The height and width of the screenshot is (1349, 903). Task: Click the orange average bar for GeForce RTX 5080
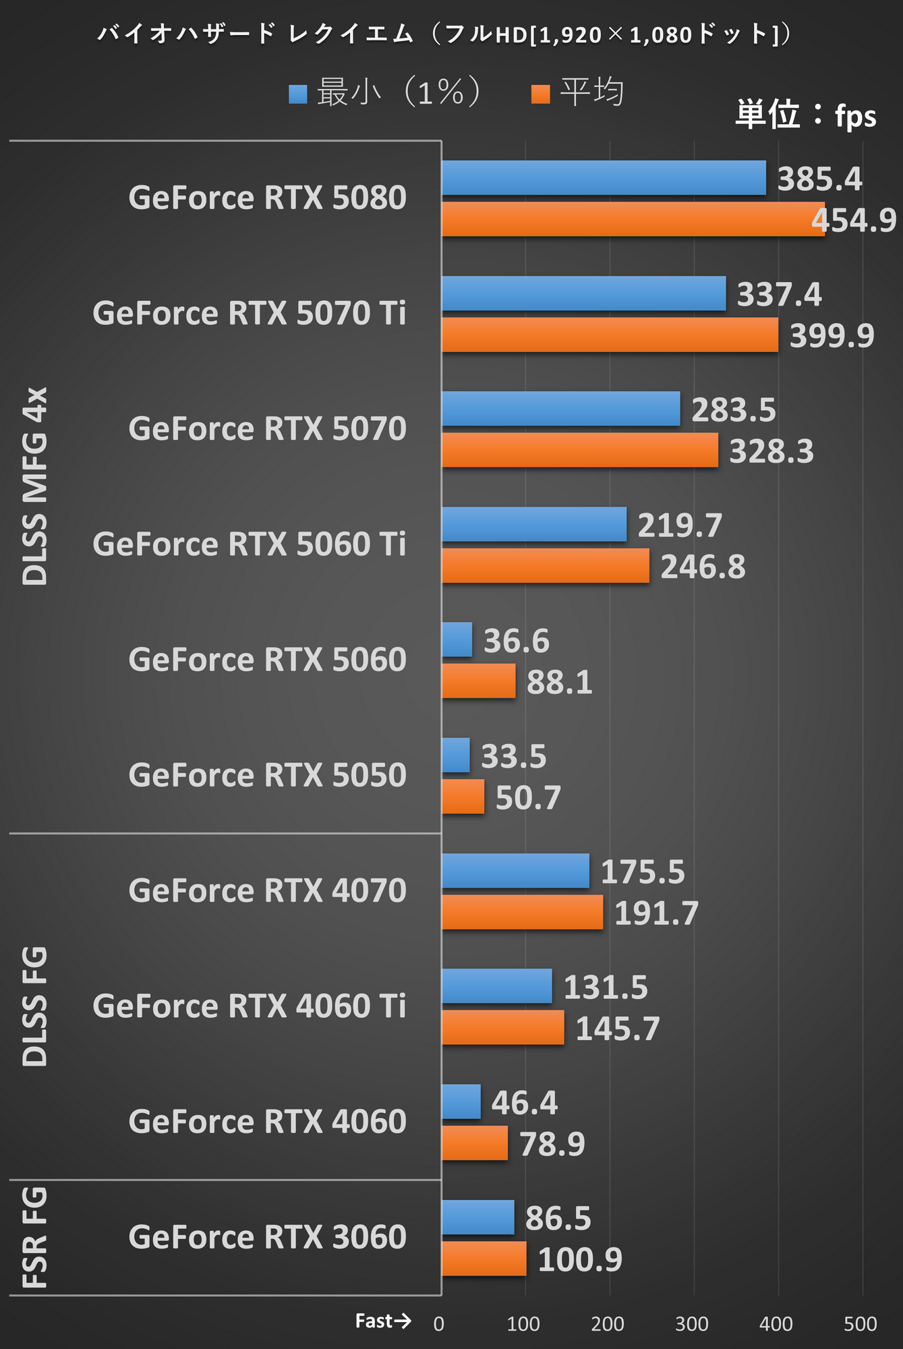[x=633, y=219]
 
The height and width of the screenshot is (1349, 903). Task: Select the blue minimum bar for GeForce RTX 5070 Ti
[x=583, y=293]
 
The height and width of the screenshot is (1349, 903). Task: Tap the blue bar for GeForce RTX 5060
[x=457, y=639]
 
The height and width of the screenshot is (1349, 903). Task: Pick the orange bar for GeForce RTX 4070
[x=522, y=912]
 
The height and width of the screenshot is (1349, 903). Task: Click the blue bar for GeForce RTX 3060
[x=477, y=1217]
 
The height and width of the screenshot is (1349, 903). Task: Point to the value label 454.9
[x=854, y=221]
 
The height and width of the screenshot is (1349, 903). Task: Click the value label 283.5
[x=734, y=409]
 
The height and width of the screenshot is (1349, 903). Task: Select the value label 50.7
[x=528, y=797]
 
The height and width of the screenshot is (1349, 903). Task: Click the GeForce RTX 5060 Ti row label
[x=250, y=544]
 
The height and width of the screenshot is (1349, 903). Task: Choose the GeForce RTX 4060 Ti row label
[x=250, y=1006]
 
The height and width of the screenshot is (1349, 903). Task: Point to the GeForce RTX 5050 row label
[x=267, y=775]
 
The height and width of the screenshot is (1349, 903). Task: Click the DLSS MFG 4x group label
[x=35, y=486]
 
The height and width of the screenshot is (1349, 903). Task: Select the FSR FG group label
[x=35, y=1237]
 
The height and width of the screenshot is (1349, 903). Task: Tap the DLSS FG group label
[x=35, y=1006]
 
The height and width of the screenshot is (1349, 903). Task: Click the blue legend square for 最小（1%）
[x=297, y=94]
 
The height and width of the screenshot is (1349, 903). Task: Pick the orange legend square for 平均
[x=540, y=94]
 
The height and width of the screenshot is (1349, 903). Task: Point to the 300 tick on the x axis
[x=692, y=1324]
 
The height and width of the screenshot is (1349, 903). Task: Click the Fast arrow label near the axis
[x=383, y=1321]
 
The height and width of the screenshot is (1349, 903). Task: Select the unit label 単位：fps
[x=805, y=115]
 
